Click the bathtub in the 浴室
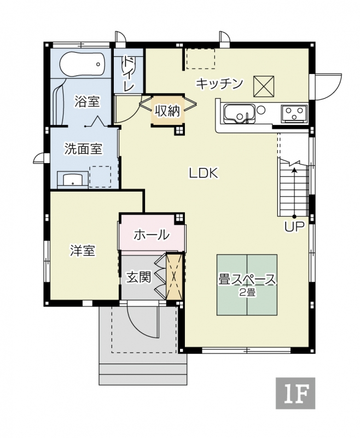(82, 64)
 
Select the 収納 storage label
(167, 112)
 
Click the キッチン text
(219, 83)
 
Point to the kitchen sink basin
(240, 114)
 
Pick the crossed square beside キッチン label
(264, 87)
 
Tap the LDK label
(204, 173)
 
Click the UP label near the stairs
(295, 227)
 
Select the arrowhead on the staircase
(294, 170)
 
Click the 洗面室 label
(84, 148)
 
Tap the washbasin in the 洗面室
(73, 179)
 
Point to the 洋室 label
(83, 251)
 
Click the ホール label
(152, 235)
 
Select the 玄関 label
(139, 277)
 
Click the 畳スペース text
(247, 280)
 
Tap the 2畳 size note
(247, 292)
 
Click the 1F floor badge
(295, 393)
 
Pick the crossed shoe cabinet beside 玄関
(174, 276)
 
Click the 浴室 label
(87, 101)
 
